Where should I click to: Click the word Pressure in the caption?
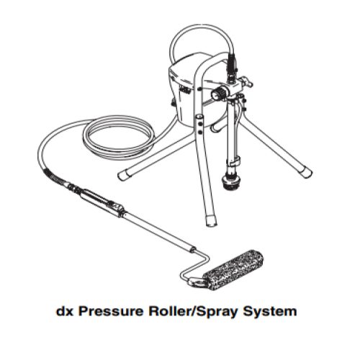coord(114,312)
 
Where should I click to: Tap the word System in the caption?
coord(269,312)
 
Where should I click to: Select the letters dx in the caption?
coord(63,312)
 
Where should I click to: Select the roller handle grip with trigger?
coord(105,202)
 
